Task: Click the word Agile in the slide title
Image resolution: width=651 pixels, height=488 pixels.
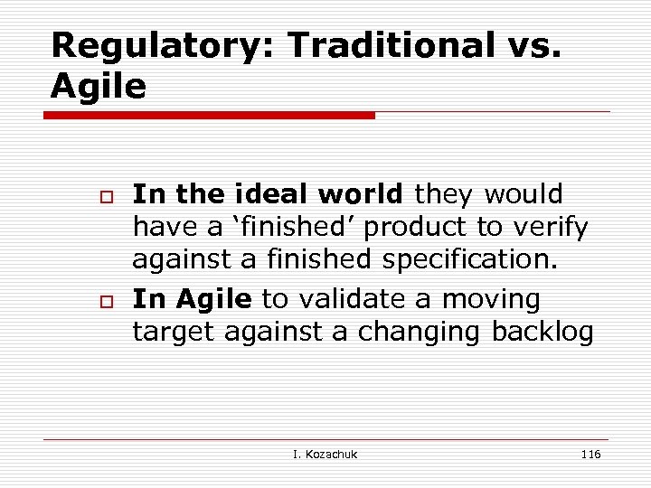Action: click(x=99, y=87)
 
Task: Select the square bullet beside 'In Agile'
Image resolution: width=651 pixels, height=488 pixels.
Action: click(x=104, y=300)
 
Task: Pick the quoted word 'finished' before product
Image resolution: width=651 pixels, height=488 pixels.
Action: click(x=264, y=228)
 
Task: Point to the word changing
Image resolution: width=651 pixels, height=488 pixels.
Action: click(x=420, y=333)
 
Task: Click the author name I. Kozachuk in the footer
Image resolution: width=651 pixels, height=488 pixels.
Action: click(x=325, y=454)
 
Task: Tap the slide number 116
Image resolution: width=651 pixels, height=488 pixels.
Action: click(x=590, y=454)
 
